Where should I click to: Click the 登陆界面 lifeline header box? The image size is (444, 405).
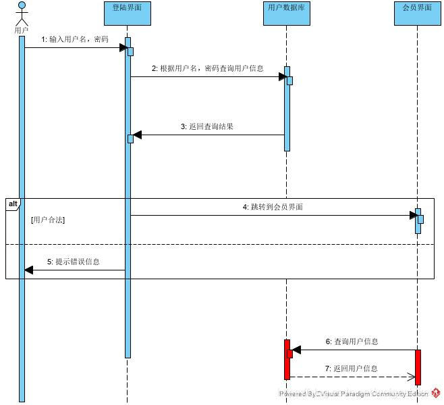click(x=127, y=13)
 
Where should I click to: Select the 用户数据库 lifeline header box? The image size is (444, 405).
click(x=286, y=13)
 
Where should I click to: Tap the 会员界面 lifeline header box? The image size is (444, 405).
click(x=417, y=13)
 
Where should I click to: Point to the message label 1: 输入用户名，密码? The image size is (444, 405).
click(x=74, y=39)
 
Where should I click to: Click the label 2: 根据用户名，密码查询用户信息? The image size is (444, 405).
click(x=207, y=68)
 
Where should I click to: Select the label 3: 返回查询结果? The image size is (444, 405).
click(x=206, y=126)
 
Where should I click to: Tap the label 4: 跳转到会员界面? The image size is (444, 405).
click(x=273, y=207)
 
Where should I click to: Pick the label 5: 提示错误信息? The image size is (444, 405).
click(x=74, y=262)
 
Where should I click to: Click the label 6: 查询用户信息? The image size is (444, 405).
click(x=352, y=341)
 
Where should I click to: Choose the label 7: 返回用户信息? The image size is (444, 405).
click(x=352, y=368)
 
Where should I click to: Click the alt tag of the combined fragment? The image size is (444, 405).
click(x=13, y=204)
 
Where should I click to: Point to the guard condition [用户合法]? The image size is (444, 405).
click(x=48, y=220)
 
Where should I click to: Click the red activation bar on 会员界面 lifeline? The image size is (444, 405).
click(x=418, y=365)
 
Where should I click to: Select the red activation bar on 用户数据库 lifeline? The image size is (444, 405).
click(x=286, y=360)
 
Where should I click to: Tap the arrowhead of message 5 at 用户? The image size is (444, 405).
click(x=28, y=270)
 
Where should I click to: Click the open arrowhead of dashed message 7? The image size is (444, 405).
click(x=411, y=377)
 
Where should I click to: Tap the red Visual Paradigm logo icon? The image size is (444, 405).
click(x=436, y=393)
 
